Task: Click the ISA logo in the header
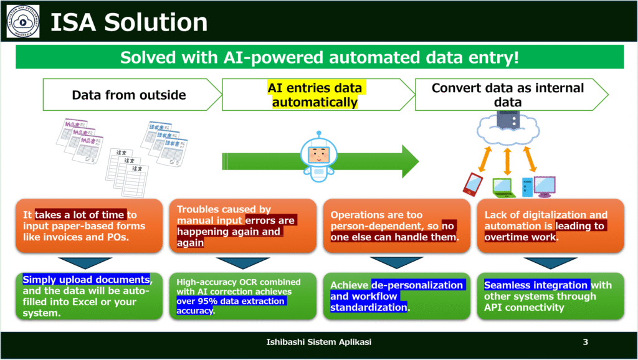[24, 21]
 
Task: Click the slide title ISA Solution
[128, 23]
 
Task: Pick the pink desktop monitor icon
[544, 184]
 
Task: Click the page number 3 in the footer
[585, 342]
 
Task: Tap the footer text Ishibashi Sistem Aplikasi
[319, 342]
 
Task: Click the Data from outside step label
[128, 95]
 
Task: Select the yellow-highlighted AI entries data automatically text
[315, 95]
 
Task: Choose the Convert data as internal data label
[508, 95]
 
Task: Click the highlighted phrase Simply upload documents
[86, 280]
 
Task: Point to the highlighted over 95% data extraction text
[231, 301]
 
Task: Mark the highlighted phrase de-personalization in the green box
[417, 285]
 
